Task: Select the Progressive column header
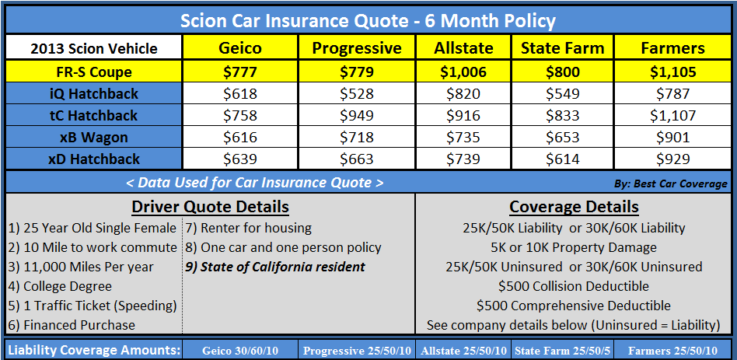tap(357, 48)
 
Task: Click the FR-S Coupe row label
tap(94, 72)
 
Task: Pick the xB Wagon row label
tap(94, 138)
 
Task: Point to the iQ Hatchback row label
tap(94, 94)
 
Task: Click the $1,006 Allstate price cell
tap(463, 72)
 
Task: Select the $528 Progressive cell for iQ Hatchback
tap(357, 94)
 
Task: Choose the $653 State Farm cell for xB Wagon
tap(562, 138)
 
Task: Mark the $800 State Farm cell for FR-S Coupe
tap(562, 72)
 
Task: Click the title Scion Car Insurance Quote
tap(368, 19)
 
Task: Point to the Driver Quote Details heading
tap(210, 207)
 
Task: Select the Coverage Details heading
tap(574, 207)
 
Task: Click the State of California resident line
tap(275, 267)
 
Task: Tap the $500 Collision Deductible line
tap(574, 286)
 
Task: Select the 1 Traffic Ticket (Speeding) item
tap(93, 306)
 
